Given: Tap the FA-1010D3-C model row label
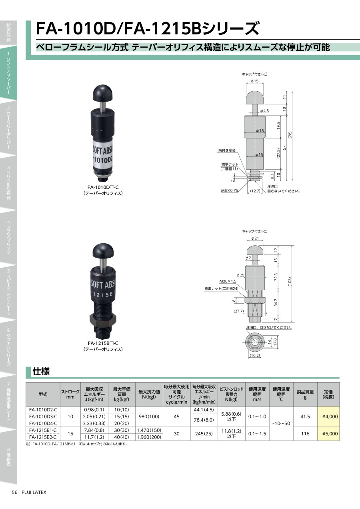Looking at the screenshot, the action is pos(43,417).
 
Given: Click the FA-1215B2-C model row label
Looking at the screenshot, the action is pos(43,437).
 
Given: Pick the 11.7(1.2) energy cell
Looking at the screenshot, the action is pos(94,437).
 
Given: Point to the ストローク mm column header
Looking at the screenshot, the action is pos(70,394).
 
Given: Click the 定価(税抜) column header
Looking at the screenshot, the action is pos(328,394).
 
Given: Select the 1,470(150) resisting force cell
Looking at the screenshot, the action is pos(149,430).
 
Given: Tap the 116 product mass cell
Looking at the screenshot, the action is pos(305,433).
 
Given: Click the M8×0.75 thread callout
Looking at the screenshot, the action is pos(230,190).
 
